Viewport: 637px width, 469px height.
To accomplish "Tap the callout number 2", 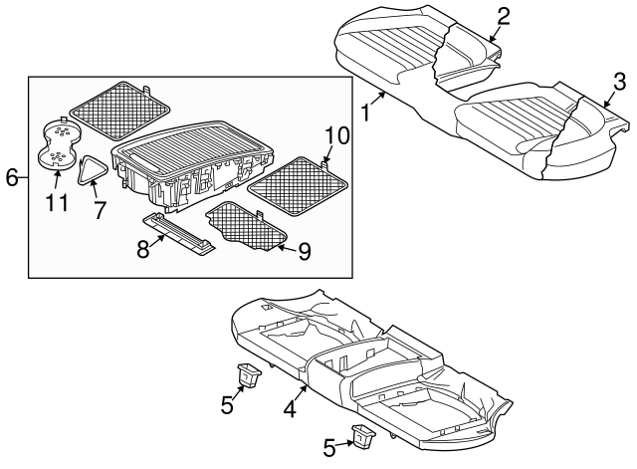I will coord(503,15).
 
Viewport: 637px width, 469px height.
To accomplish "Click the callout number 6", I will coord(11,178).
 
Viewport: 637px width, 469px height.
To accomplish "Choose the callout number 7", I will coord(99,211).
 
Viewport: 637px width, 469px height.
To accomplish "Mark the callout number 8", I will coord(143,250).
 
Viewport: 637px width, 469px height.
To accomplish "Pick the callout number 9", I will coord(304,251).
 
